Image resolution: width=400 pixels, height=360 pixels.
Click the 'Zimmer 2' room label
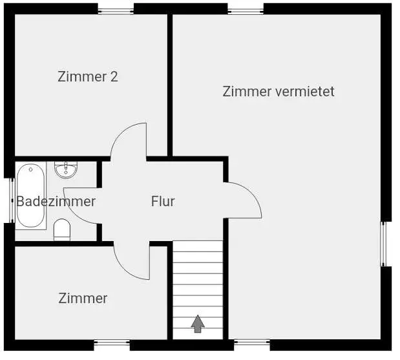coord(88,77)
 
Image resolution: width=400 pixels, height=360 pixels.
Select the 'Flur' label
coord(163,201)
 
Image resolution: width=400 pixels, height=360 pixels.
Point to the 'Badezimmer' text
coord(56,201)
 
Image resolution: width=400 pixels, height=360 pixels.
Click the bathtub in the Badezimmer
coord(30,196)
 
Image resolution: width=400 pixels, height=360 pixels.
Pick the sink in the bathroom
coord(66,169)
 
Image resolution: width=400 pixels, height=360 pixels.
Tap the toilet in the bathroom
coord(62,229)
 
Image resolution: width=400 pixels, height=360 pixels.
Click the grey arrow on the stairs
coord(198,323)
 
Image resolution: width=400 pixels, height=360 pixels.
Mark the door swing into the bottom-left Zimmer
coord(132,262)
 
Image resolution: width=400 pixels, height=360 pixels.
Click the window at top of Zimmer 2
coord(116,9)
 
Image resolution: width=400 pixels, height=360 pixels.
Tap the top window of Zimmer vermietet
coord(246,9)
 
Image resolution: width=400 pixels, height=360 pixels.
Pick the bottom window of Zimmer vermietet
coord(251,342)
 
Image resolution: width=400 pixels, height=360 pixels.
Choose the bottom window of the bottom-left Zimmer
coord(112,343)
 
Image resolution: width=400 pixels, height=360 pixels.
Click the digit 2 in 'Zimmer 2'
coord(114,77)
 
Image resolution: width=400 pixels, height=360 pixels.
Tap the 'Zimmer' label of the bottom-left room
coord(83,298)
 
